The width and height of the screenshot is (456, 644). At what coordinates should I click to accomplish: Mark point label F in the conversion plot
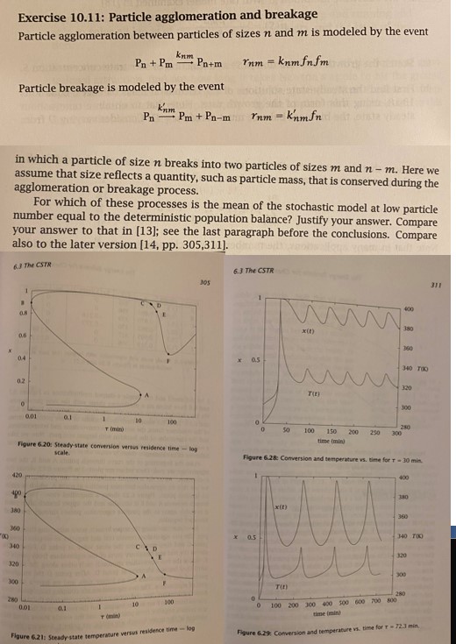pos(168,360)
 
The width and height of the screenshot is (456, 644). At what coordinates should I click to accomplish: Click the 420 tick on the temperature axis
pos(15,474)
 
